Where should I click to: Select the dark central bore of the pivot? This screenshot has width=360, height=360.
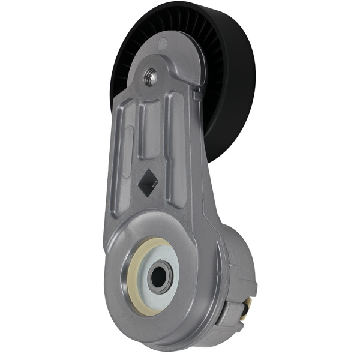(x=159, y=275)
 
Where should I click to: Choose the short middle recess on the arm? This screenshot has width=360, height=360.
(x=150, y=132)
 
